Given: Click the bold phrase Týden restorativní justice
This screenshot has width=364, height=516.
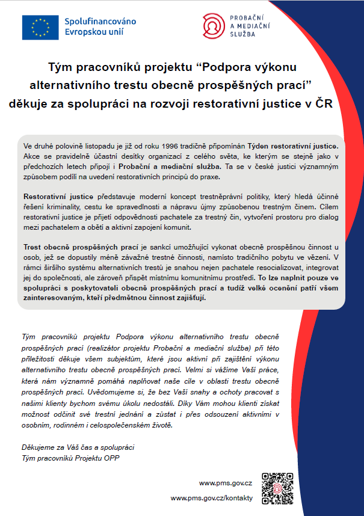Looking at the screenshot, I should pyautogui.click(x=300, y=146).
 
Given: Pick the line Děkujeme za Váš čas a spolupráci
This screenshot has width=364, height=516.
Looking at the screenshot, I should pyautogui.click(x=78, y=447).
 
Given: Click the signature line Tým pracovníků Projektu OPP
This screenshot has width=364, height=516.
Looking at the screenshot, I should pyautogui.click(x=70, y=457).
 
